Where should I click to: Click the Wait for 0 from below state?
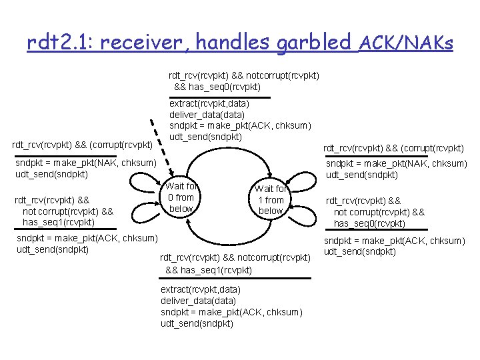pos(181,197)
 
